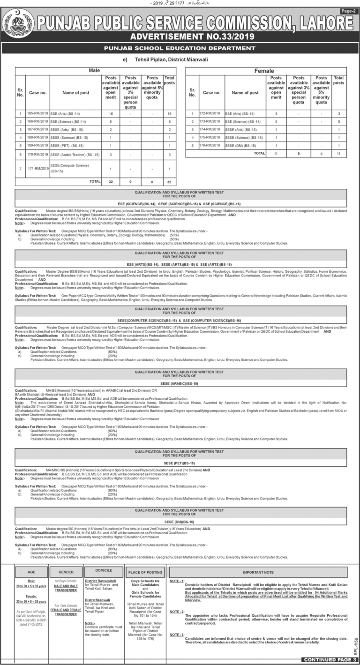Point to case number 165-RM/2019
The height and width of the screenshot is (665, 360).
click(37, 114)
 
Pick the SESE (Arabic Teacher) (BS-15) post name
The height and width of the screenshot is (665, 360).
click(75, 154)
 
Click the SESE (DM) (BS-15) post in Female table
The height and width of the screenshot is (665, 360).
click(240, 145)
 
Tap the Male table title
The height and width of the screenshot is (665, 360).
click(95, 70)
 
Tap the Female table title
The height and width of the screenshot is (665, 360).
click(264, 71)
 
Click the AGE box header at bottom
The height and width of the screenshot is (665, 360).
click(31, 572)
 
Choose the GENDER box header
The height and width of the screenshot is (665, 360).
click(66, 572)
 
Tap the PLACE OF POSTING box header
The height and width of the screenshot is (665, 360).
click(145, 572)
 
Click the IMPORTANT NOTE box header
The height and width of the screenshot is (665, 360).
click(258, 572)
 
